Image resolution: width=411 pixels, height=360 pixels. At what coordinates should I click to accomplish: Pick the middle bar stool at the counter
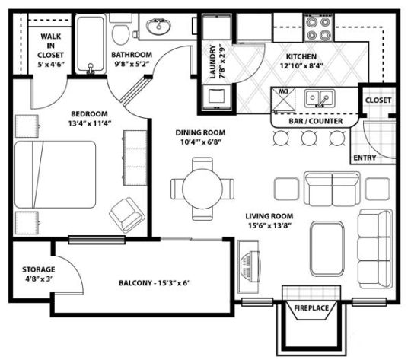pyautogui.click(x=308, y=138)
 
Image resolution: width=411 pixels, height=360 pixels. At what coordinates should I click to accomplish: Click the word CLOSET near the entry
pyautogui.click(x=378, y=100)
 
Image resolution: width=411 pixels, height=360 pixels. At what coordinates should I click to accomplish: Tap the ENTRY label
pyautogui.click(x=365, y=158)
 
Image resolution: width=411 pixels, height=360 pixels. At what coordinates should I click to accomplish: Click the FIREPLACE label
pyautogui.click(x=311, y=307)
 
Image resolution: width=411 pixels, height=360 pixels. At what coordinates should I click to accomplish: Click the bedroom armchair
pyautogui.click(x=126, y=214)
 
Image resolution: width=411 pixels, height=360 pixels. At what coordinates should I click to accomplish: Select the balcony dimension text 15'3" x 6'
pyautogui.click(x=177, y=284)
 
